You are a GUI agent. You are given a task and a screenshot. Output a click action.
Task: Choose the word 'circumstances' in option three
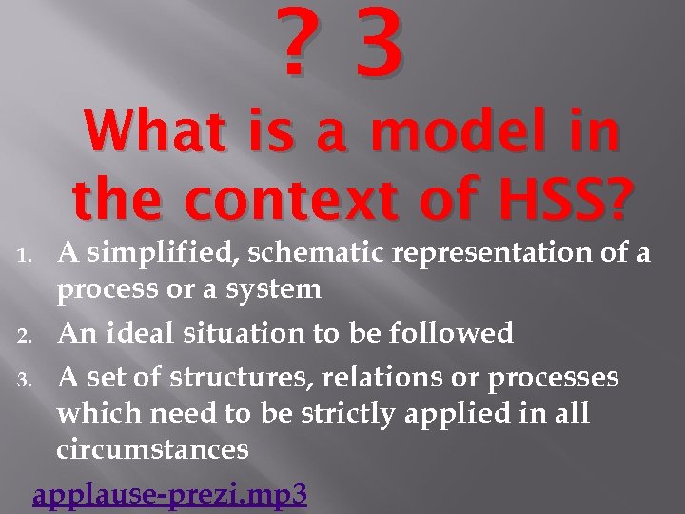point(153,448)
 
